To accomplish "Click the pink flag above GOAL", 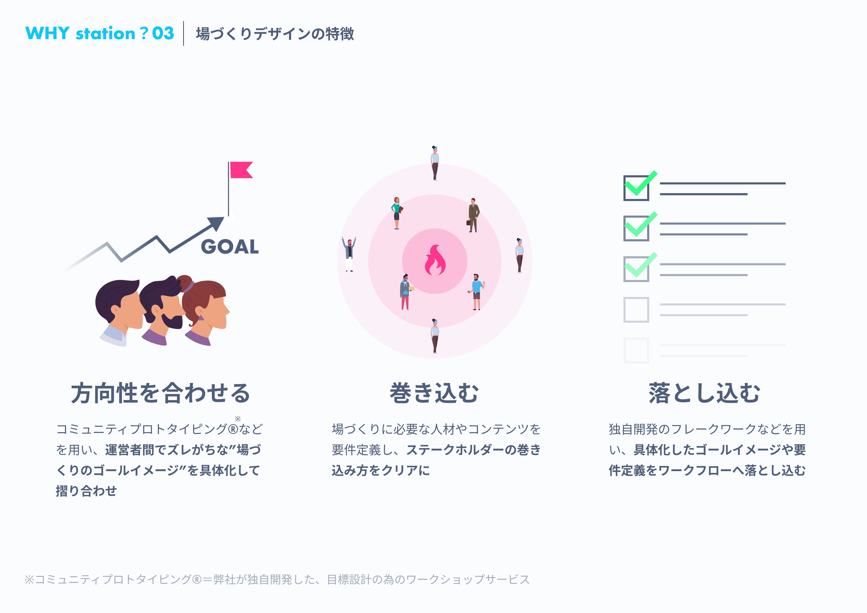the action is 241,170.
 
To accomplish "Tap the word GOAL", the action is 230,247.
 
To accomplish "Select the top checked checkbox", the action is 636,188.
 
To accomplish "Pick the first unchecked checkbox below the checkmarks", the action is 636,310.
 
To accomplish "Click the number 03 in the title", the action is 163,33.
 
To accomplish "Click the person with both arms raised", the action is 349,254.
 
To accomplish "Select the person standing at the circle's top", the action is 435,163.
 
